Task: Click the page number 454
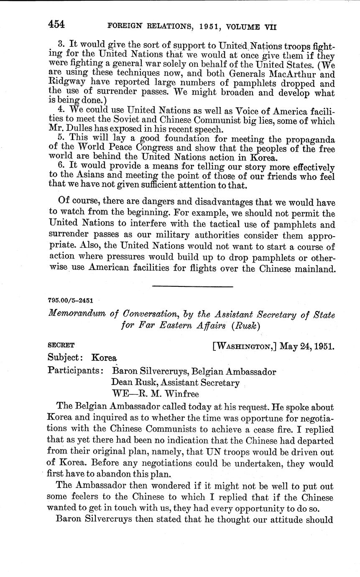coord(56,24)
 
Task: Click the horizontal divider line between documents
coord(193,286)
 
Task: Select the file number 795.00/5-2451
coord(71,300)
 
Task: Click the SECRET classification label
coord(61,345)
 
